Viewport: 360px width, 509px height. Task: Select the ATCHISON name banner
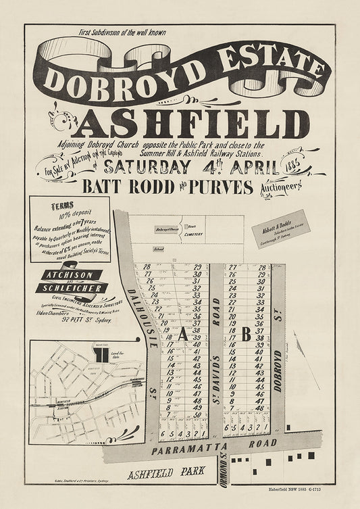[71, 275]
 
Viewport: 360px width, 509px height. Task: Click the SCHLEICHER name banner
[78, 289]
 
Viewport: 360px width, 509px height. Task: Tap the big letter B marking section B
[246, 333]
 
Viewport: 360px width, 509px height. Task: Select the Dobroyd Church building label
[166, 230]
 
